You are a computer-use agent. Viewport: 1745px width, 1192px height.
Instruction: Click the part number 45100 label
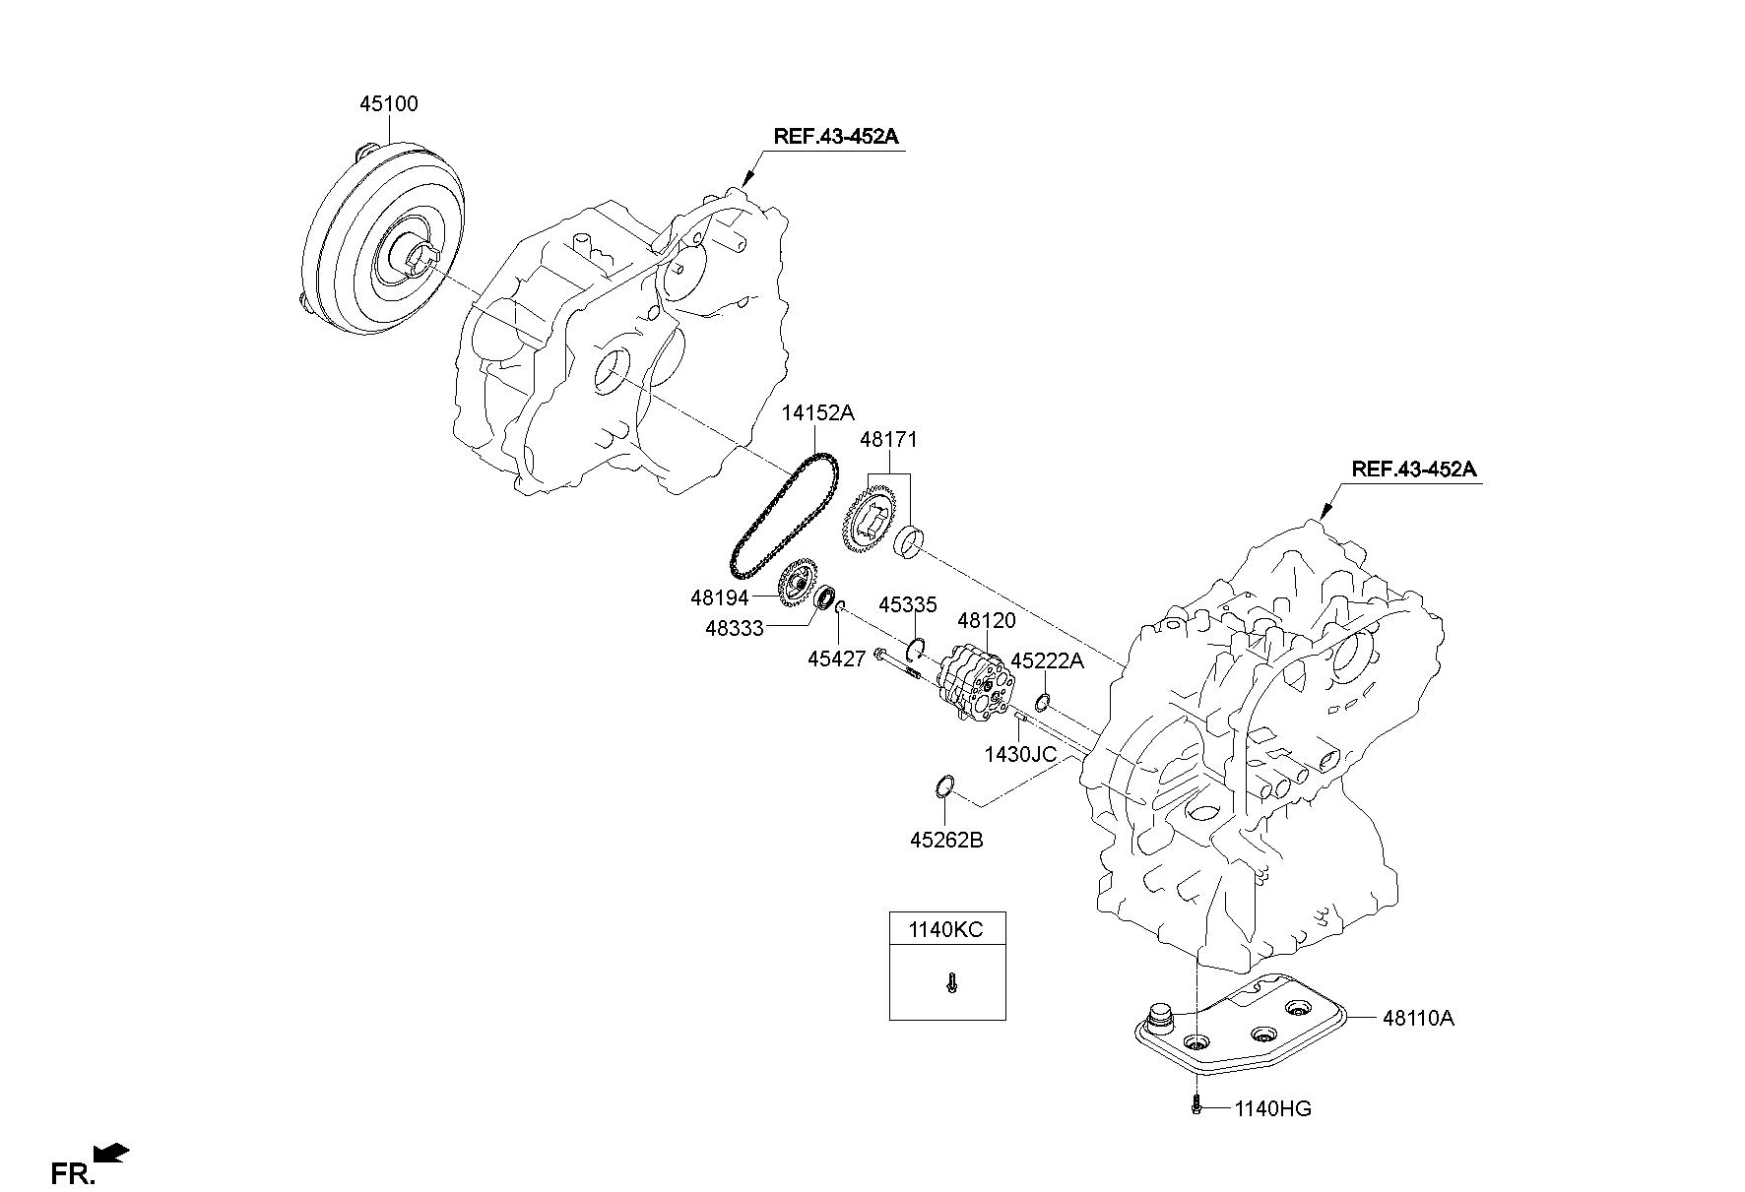388,103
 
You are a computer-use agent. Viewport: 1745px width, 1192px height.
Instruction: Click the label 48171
889,439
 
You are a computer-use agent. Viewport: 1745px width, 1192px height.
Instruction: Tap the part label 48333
734,627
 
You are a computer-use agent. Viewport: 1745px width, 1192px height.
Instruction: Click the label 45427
836,659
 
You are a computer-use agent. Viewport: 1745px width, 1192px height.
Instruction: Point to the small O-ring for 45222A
1042,702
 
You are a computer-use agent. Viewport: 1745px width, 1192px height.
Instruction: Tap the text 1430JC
1019,754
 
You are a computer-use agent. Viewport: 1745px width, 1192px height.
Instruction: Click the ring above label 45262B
943,785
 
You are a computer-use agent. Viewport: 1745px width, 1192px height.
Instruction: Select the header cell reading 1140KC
946,929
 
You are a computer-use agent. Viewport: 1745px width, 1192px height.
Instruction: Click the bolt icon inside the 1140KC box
950,982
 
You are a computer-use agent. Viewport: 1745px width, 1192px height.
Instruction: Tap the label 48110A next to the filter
1417,1018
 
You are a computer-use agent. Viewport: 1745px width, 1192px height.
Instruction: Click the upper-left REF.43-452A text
835,137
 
